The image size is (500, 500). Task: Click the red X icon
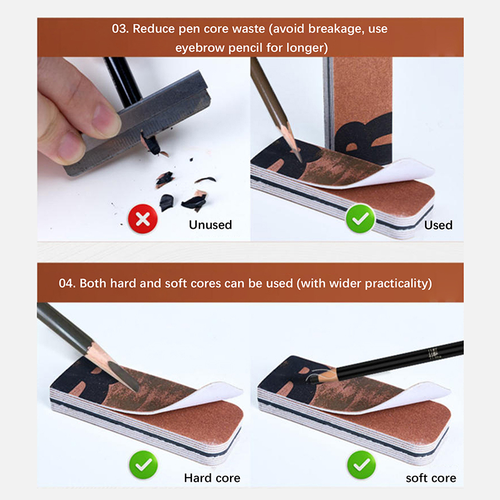143,219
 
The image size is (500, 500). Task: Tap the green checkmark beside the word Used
361,219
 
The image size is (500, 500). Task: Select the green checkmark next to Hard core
144,464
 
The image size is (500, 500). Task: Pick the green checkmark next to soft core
362,464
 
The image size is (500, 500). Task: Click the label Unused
211,225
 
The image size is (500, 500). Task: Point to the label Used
438,225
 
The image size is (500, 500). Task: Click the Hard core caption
212,478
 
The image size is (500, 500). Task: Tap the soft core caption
431,478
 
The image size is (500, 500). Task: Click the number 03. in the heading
120,29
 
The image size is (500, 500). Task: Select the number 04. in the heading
67,283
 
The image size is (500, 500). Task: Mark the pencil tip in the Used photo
299,158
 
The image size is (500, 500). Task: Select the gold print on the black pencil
434,354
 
